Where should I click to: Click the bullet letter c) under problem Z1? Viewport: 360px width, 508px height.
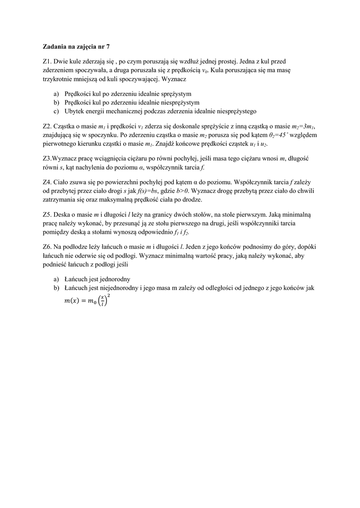tap(57, 111)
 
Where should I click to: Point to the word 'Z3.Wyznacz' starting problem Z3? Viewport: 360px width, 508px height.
tap(60, 159)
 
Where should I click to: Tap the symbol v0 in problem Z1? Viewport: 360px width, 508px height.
tap(204, 71)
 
